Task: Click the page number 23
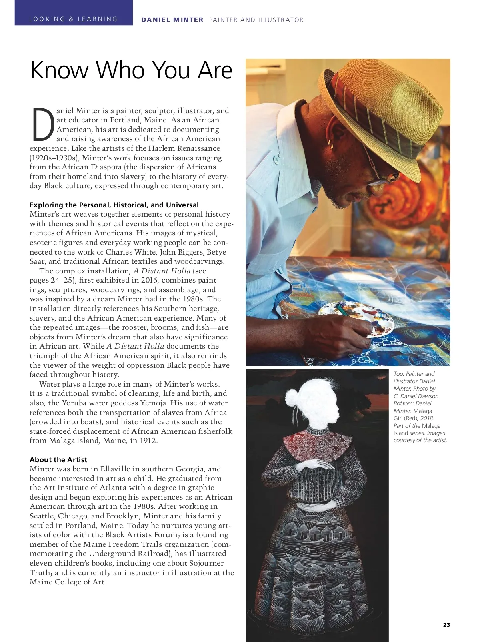(446, 625)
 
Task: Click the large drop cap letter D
(43, 124)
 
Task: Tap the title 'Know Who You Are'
(131, 70)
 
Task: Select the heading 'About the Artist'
(58, 459)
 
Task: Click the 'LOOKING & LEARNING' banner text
(74, 19)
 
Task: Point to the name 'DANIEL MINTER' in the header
(172, 20)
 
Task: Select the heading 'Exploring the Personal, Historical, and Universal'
(114, 205)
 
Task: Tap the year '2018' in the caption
(427, 418)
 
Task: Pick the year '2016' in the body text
(149, 280)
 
